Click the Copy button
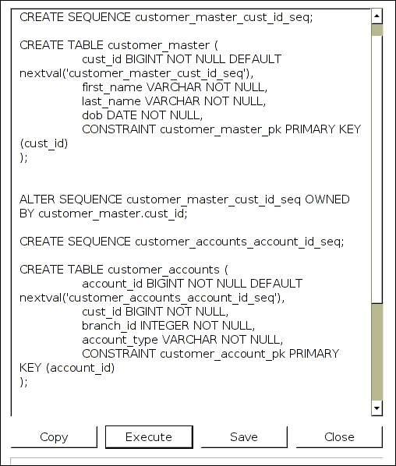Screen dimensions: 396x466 click(x=54, y=437)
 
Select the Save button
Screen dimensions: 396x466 click(x=244, y=437)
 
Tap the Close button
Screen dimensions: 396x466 click(x=339, y=437)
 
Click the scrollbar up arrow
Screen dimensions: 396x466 click(x=377, y=16)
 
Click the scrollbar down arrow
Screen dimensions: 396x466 click(x=377, y=408)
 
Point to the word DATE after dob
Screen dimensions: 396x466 click(x=122, y=115)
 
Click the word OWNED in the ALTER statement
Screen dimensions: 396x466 click(x=327, y=199)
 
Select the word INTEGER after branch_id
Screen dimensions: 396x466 click(x=164, y=326)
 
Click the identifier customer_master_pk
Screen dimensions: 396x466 click(x=221, y=130)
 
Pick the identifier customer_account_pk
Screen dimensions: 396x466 click(x=222, y=355)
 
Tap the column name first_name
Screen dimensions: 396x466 click(x=112, y=88)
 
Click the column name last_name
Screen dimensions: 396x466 click(x=111, y=101)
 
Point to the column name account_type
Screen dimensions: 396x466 click(x=120, y=341)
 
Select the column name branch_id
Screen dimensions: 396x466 click(x=109, y=326)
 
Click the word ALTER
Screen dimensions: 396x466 click(x=37, y=199)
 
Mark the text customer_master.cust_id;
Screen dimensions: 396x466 click(x=113, y=214)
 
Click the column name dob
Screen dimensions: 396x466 click(x=92, y=115)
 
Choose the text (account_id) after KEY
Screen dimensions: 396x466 click(x=80, y=369)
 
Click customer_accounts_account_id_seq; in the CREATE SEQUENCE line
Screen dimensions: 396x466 click(x=239, y=242)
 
